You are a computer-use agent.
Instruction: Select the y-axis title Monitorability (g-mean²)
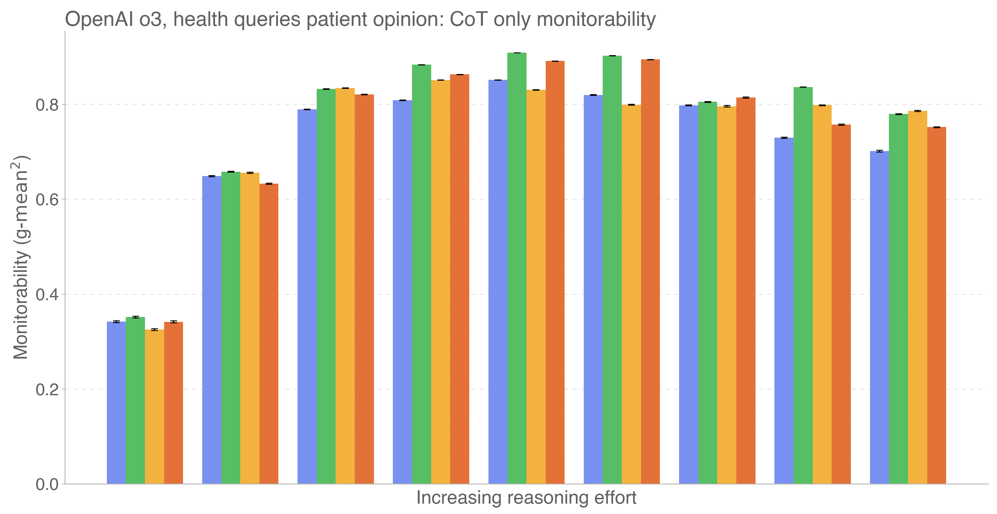(21, 257)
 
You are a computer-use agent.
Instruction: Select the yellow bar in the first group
(154, 407)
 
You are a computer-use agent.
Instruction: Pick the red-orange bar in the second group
(269, 333)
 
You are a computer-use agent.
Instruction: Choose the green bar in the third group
(326, 287)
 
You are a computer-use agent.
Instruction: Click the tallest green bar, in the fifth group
(517, 267)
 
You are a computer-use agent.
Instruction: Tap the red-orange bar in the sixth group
(650, 271)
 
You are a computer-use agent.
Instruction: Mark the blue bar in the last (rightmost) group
(879, 317)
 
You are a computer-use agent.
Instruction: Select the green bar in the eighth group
(803, 287)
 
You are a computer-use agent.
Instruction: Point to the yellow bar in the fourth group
(440, 283)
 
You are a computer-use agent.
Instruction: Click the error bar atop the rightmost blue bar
(879, 151)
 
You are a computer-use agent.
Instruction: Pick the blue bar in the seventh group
(689, 294)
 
